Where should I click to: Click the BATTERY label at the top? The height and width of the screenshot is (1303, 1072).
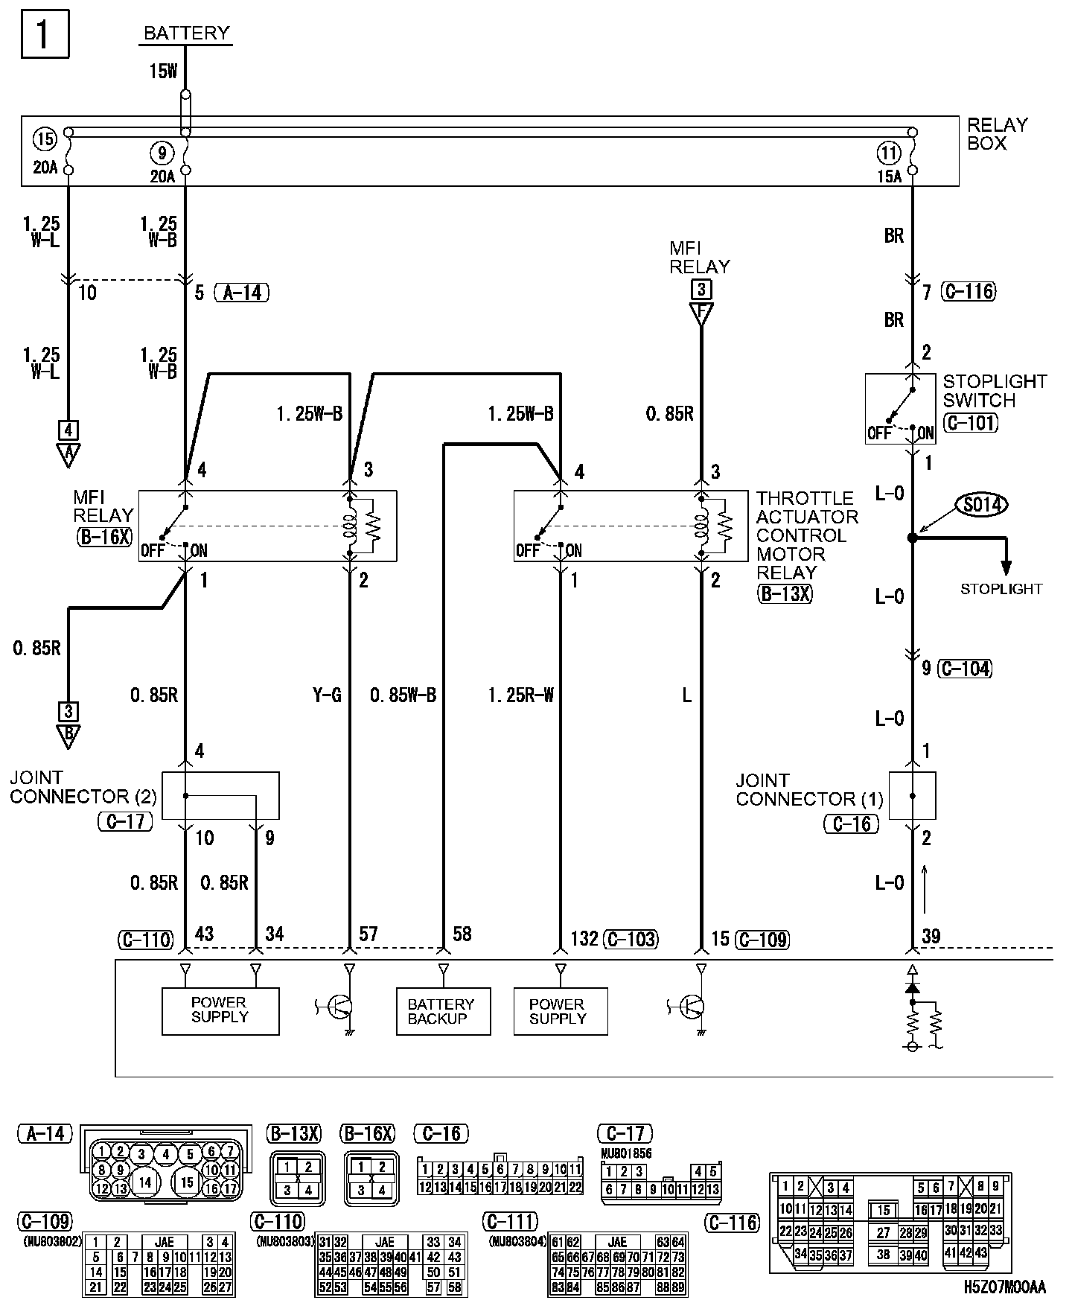pyautogui.click(x=186, y=34)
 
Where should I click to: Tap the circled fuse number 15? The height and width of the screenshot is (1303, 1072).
pyautogui.click(x=45, y=139)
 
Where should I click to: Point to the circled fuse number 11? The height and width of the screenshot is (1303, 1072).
pyautogui.click(x=889, y=154)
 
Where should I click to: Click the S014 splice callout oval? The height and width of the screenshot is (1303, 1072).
pyautogui.click(x=982, y=506)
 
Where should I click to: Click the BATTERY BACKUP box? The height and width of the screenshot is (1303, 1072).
pyautogui.click(x=443, y=1011)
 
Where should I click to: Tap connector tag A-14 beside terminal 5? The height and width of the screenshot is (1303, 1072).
pyautogui.click(x=241, y=293)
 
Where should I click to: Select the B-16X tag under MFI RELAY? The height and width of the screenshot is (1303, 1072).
pyautogui.click(x=104, y=537)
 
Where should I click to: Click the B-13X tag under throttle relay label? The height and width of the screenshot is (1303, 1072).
pyautogui.click(x=785, y=593)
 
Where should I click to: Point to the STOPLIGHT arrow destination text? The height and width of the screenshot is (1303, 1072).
pyautogui.click(x=1001, y=589)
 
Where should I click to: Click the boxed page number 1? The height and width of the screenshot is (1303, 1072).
pyautogui.click(x=45, y=34)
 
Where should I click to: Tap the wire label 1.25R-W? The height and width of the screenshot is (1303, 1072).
pyautogui.click(x=520, y=695)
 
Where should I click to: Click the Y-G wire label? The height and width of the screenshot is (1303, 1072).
pyautogui.click(x=327, y=695)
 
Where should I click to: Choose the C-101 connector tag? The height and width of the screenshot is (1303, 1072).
pyautogui.click(x=970, y=423)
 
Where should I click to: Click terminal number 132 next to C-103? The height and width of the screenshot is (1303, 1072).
pyautogui.click(x=584, y=939)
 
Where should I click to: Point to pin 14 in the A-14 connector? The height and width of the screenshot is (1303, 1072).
pyautogui.click(x=144, y=1182)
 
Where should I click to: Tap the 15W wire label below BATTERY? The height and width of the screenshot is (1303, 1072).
pyautogui.click(x=163, y=71)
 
